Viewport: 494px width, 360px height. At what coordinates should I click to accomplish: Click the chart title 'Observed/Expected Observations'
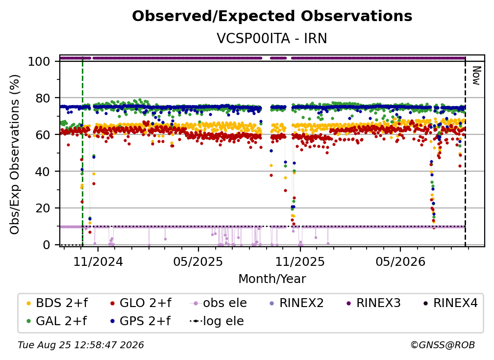(x=272, y=16)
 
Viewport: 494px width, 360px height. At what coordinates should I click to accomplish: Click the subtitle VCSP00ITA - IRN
(x=272, y=39)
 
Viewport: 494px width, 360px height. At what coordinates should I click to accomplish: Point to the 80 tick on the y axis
(x=42, y=98)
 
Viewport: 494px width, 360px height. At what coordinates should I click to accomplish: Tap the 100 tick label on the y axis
(x=39, y=61)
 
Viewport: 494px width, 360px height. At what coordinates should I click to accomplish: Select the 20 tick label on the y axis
(x=43, y=208)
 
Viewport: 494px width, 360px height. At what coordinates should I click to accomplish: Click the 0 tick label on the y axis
(x=47, y=245)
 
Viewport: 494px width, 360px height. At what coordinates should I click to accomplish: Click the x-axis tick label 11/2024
(x=99, y=261)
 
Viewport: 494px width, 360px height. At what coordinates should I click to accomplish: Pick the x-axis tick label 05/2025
(x=198, y=261)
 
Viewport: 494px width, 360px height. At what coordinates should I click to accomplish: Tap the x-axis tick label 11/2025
(x=300, y=261)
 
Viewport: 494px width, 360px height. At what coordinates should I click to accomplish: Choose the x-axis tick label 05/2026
(x=400, y=261)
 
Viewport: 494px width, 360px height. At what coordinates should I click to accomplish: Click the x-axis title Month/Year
(x=272, y=279)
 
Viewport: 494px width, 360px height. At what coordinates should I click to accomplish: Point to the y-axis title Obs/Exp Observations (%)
(x=15, y=154)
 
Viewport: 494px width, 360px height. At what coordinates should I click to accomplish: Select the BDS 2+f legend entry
(x=57, y=303)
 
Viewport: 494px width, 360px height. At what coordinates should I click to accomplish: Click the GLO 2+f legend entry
(x=141, y=303)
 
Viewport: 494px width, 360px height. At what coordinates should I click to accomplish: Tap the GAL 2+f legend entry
(x=57, y=321)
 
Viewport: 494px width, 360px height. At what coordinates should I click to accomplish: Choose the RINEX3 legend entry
(x=373, y=303)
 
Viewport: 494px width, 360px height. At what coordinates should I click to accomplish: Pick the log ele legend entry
(x=217, y=321)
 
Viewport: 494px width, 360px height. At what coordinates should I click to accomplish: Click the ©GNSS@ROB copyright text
(x=443, y=345)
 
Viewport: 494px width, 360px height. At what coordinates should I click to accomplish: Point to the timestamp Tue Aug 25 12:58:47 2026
(x=81, y=345)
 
